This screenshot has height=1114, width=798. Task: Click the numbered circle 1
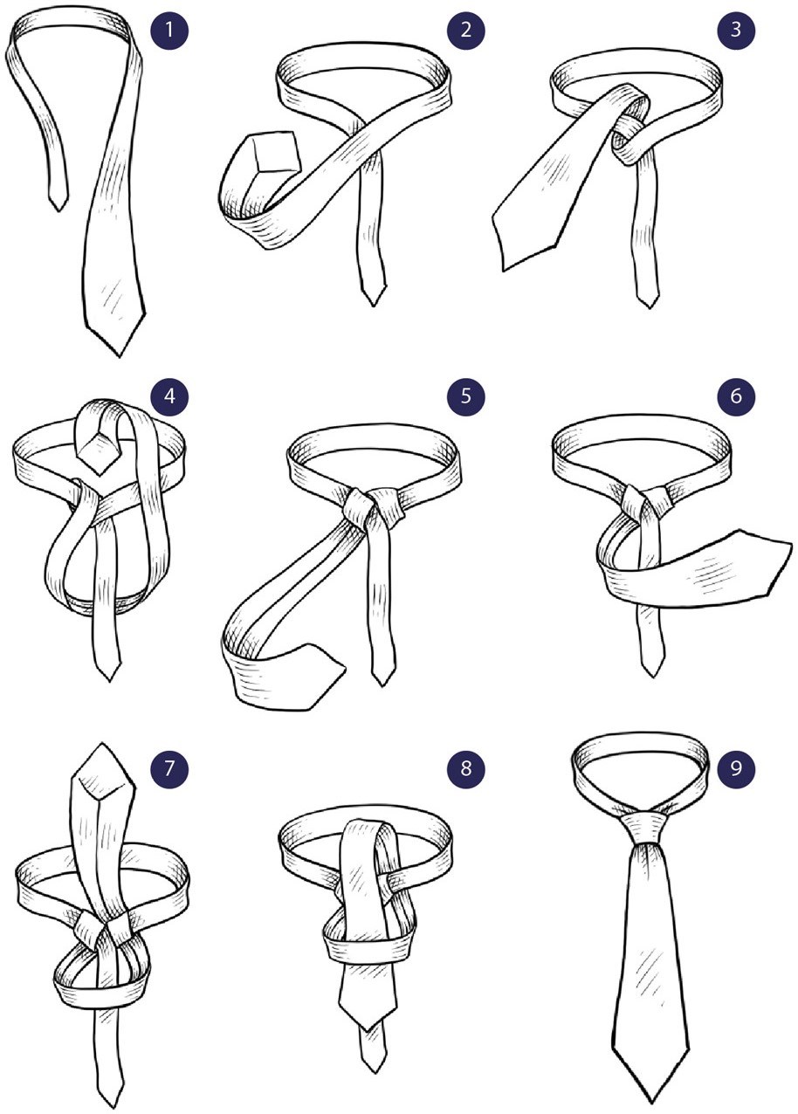(x=169, y=31)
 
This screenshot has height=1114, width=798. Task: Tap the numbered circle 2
(x=465, y=31)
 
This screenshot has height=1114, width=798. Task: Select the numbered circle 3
(x=736, y=31)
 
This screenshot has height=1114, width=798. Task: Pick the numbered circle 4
(x=169, y=395)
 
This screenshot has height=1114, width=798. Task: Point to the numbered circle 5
(x=465, y=395)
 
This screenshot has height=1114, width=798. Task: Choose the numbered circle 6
(x=736, y=395)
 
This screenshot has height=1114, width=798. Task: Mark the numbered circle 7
(x=169, y=768)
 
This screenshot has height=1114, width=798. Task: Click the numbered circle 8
(x=465, y=768)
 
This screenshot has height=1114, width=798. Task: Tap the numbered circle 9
(x=736, y=768)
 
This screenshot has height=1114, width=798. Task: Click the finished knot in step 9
(x=647, y=825)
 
